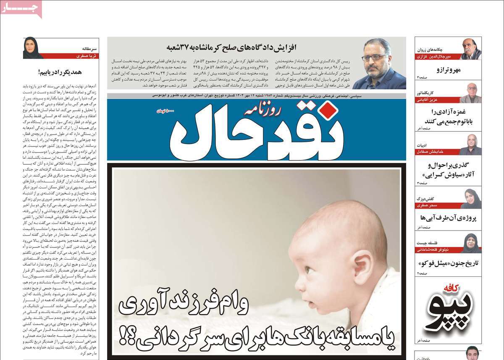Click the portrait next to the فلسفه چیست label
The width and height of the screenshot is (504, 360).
tap(471, 243)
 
